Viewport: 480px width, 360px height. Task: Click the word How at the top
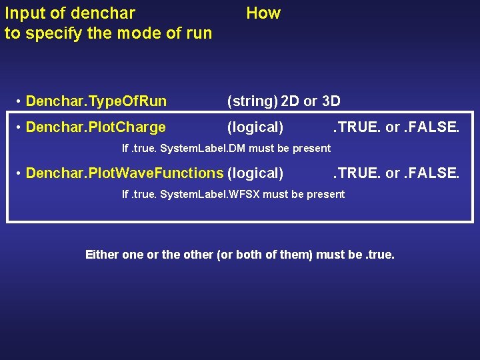pos(263,13)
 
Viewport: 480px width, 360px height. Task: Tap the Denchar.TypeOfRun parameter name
pos(96,101)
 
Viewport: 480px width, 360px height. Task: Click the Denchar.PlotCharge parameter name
pos(95,127)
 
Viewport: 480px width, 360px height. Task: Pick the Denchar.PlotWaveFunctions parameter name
pos(124,173)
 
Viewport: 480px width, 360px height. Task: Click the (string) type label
pos(252,101)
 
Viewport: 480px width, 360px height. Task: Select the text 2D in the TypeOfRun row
pos(290,101)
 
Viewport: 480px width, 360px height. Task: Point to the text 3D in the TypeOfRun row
pos(331,101)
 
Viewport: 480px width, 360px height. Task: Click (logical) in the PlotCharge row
pos(255,127)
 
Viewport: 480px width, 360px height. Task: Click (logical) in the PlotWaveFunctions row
pos(255,173)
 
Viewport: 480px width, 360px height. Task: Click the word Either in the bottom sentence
pos(102,255)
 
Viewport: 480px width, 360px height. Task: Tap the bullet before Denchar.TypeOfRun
pos(20,101)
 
